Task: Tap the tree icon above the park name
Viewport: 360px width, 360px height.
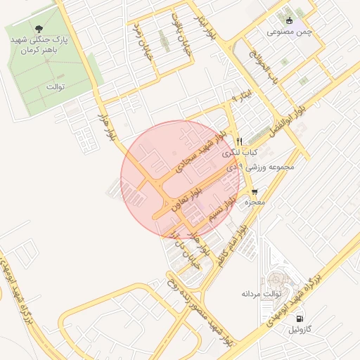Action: coord(48,30)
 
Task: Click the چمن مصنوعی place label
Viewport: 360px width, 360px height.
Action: coord(289,32)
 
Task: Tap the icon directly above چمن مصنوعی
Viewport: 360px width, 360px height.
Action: coord(290,20)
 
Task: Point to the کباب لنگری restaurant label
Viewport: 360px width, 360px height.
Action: coord(240,152)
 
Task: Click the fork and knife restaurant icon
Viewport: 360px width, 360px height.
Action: coord(240,140)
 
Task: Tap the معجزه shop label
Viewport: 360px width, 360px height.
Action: coord(254,202)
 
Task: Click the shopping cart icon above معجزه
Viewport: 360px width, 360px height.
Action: coord(254,191)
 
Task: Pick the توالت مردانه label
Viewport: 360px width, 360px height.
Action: coord(262,292)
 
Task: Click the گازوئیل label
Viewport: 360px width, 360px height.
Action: coord(304,329)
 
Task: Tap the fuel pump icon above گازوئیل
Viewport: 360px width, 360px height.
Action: coord(303,317)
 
